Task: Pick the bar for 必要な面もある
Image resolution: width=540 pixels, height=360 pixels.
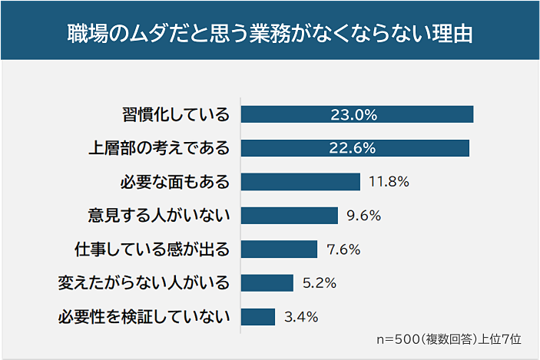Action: (300, 182)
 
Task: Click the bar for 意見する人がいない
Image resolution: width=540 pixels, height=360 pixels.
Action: (289, 216)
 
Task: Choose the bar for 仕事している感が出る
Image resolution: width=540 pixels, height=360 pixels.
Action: (279, 249)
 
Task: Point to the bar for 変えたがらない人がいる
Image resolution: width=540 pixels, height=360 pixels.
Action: (267, 283)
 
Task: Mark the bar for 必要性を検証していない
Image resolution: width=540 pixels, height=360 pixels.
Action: (257, 317)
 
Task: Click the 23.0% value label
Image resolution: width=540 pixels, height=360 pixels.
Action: (353, 115)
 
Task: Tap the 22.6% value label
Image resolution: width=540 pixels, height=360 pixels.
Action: (353, 149)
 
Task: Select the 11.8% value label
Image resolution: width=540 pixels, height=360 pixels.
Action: (389, 183)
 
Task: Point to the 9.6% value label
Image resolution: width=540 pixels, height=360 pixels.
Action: (364, 216)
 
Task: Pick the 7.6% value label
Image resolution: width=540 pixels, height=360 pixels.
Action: (343, 249)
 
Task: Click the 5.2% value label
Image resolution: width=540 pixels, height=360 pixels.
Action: (320, 283)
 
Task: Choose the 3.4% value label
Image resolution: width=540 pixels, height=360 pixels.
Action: (301, 317)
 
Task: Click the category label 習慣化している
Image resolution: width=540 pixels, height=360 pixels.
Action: (176, 115)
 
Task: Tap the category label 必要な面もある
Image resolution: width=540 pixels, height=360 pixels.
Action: (175, 183)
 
